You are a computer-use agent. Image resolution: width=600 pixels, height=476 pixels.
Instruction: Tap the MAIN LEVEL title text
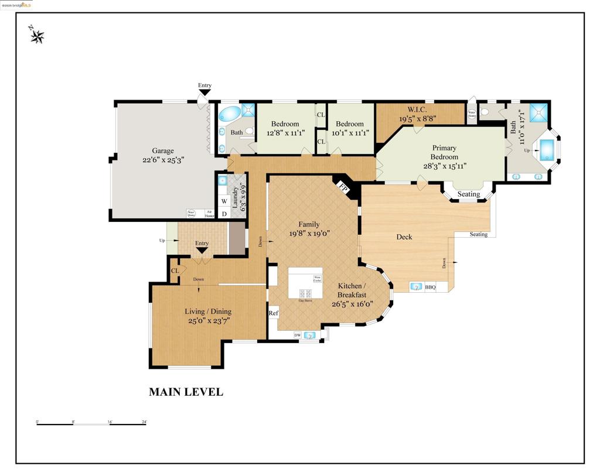(186, 392)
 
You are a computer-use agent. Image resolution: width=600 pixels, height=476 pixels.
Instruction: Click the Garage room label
(163, 150)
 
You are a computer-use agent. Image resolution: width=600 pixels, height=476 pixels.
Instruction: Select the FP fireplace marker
(345, 189)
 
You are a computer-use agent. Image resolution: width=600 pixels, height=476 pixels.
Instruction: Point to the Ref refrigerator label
(273, 313)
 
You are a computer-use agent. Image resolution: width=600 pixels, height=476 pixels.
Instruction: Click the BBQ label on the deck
(430, 287)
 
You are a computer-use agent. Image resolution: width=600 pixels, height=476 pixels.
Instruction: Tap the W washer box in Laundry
(224, 201)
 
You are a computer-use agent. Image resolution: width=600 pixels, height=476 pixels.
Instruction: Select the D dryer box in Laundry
(224, 214)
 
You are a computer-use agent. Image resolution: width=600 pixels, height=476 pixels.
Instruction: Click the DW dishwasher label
(298, 335)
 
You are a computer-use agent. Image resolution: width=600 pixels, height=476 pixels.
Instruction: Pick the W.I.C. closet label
(417, 109)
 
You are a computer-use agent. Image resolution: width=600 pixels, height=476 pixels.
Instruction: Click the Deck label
(404, 237)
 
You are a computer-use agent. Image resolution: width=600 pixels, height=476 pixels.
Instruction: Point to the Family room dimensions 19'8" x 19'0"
(309, 232)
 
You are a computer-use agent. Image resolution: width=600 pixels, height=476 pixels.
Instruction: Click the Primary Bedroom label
(444, 152)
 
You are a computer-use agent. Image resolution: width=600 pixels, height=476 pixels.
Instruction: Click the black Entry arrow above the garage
(204, 92)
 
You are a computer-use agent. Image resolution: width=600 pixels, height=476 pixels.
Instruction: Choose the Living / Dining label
(208, 311)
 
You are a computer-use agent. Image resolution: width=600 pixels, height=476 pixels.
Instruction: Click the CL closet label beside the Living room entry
(175, 270)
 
